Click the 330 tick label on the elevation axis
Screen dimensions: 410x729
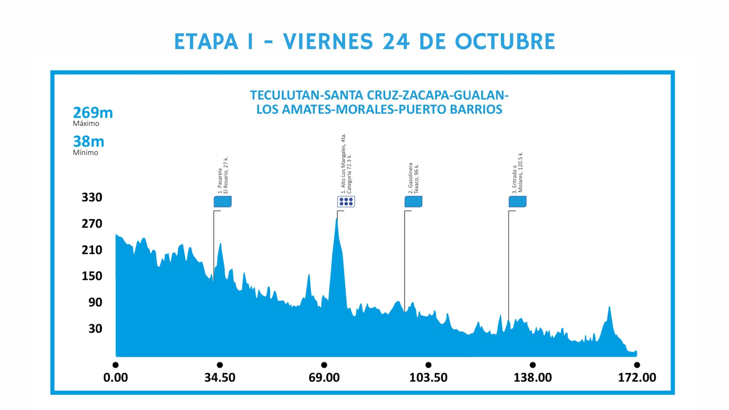point(92,197)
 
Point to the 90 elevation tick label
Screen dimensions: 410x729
point(95,302)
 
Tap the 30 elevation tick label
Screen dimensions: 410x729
point(95,329)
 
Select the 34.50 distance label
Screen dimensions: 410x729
point(220,378)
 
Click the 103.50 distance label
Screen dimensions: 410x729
point(428,378)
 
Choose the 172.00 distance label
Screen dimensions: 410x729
point(637,378)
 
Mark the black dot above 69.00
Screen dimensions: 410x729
point(324,365)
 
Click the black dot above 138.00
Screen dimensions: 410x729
point(533,365)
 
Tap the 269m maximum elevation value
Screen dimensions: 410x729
point(93,113)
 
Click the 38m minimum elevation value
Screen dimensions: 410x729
point(89,142)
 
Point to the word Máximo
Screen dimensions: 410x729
point(86,124)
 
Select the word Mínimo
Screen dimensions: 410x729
point(85,153)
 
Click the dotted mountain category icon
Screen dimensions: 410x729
point(346,202)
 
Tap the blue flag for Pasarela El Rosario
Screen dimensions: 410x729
point(223,202)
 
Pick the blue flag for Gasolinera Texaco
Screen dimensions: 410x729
point(413,202)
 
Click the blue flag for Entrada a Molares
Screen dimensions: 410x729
point(517,202)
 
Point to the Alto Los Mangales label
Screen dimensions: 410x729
point(346,164)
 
